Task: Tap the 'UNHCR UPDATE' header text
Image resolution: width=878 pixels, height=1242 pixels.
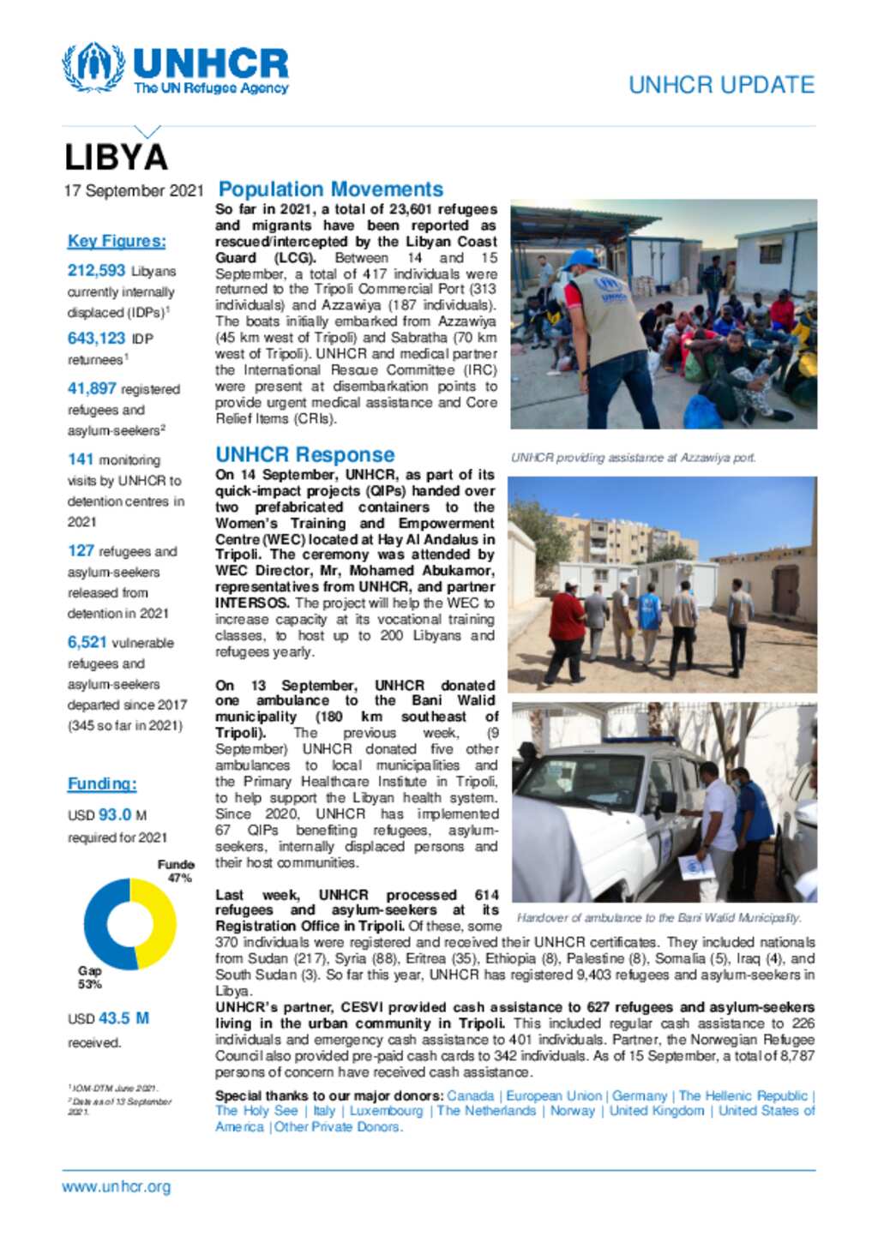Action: [x=721, y=85]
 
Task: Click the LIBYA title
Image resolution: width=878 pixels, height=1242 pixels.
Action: [x=116, y=158]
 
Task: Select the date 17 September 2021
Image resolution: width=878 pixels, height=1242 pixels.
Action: [x=134, y=190]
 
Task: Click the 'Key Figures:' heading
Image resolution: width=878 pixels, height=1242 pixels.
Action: [x=117, y=241]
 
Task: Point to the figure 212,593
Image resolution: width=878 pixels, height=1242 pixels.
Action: [x=96, y=271]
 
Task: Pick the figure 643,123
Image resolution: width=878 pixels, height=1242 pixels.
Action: [x=96, y=339]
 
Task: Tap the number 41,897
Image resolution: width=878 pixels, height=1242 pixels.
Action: [x=91, y=388]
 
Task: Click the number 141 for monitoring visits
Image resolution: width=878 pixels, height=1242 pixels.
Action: [x=81, y=459]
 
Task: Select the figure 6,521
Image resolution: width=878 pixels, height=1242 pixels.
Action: [x=87, y=642]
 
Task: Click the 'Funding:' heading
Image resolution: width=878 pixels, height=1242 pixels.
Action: [x=102, y=783]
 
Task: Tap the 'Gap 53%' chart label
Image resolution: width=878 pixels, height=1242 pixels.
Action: [x=90, y=977]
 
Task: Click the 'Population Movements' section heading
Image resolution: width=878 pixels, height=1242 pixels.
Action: [x=330, y=189]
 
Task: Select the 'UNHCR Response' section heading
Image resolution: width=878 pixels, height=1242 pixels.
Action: [x=305, y=454]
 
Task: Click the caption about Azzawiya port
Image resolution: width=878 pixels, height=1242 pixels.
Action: [x=633, y=458]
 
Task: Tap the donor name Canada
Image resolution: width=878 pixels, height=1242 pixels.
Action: [x=470, y=1095]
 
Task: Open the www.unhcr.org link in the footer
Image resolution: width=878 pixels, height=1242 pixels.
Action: [x=116, y=1187]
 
